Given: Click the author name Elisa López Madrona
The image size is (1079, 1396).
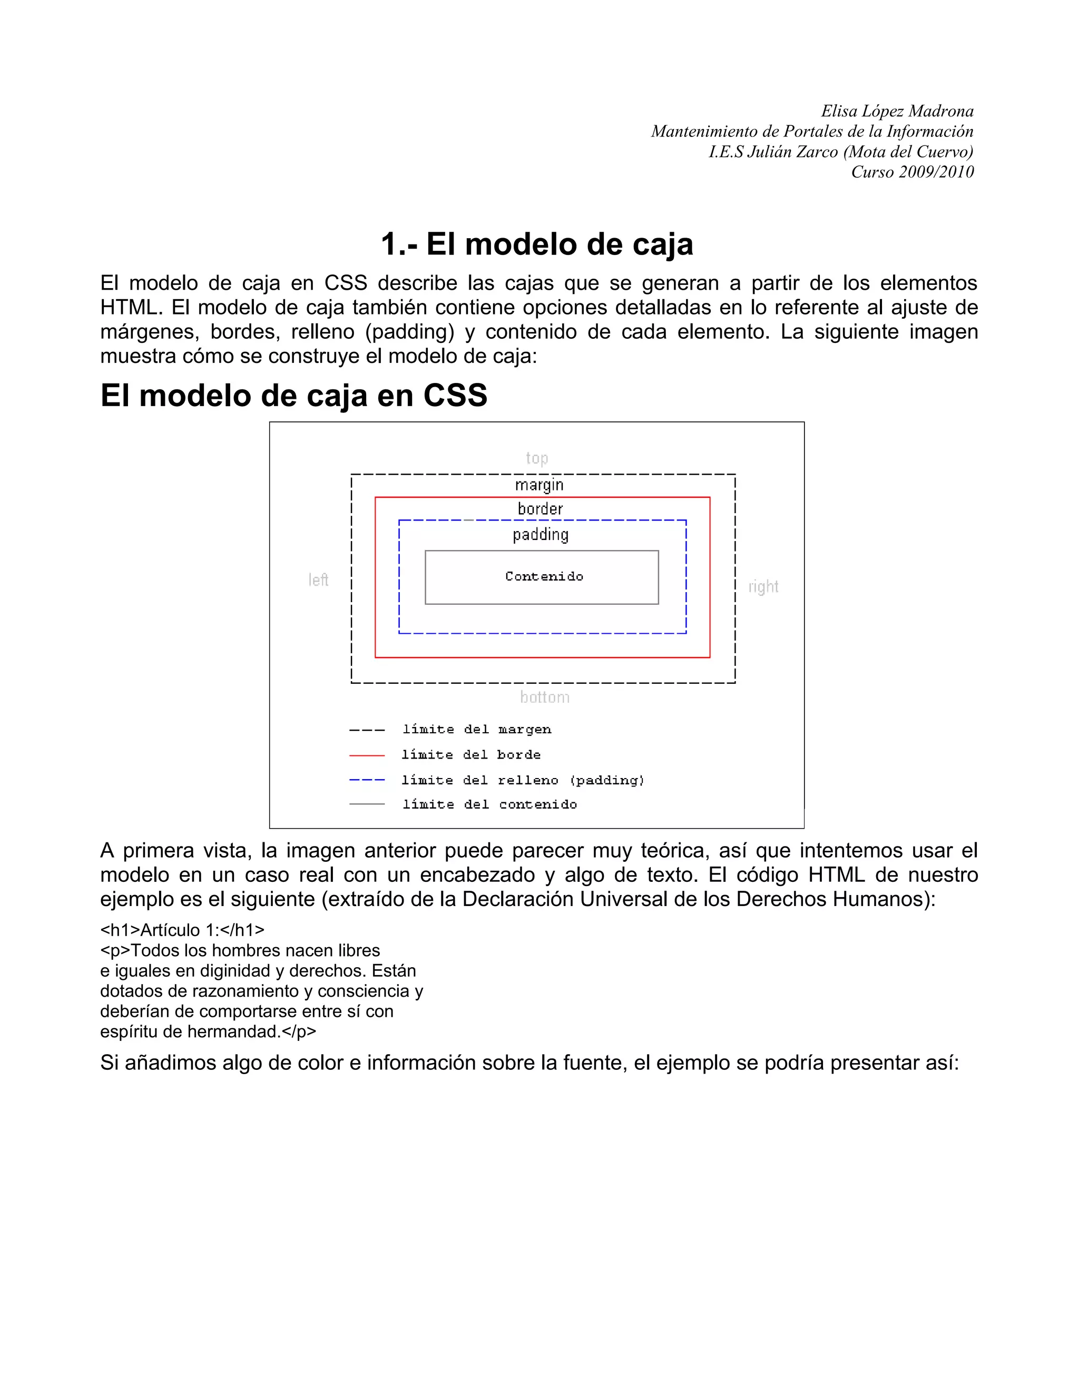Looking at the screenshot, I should tap(897, 111).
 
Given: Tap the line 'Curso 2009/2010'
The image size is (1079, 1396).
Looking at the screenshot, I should tap(912, 172).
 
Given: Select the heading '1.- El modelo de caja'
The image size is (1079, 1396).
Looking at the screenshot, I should tap(537, 244).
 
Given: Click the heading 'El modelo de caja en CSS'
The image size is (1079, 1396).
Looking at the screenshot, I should tap(293, 395).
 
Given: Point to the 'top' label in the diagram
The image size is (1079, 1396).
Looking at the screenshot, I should tap(537, 458).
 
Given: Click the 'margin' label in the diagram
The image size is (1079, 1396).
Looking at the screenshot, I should tap(539, 485).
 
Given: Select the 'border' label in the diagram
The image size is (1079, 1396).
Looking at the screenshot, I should tap(540, 509).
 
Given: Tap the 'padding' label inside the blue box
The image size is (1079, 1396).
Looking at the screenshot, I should tap(541, 534).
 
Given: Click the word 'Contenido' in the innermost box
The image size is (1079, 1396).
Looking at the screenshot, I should tap(544, 576).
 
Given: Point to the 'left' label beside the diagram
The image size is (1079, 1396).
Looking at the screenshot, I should tap(318, 580).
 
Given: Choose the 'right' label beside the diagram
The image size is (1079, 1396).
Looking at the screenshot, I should tap(763, 587).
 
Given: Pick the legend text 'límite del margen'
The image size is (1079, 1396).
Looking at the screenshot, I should tap(477, 729).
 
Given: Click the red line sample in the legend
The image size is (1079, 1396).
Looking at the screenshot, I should tap(367, 755).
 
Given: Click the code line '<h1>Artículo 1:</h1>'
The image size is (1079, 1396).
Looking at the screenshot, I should tap(182, 930).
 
